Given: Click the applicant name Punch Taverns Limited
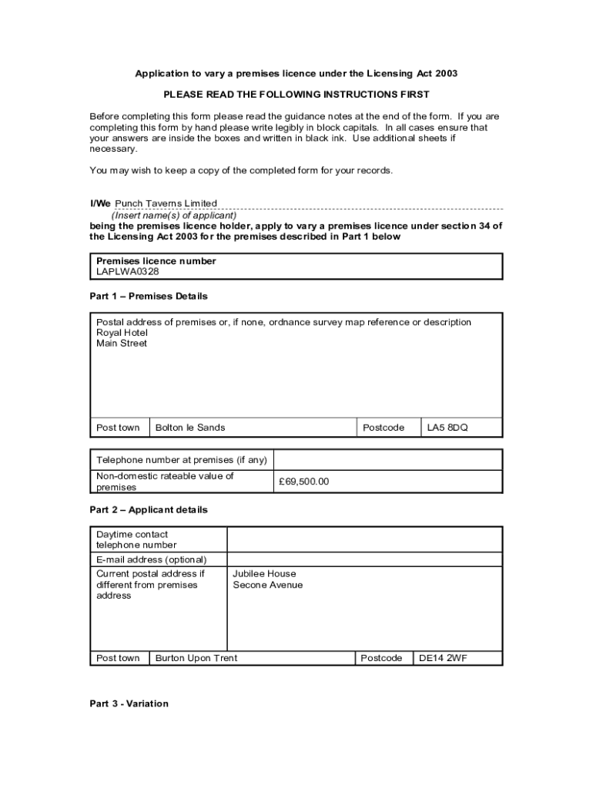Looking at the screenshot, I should pyautogui.click(x=166, y=203).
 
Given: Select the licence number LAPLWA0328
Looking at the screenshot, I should pyautogui.click(x=128, y=272).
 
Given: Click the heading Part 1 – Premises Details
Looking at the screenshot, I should pyautogui.click(x=149, y=297).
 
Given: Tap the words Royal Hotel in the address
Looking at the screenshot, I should pyautogui.click(x=122, y=333).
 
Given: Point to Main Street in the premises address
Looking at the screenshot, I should pyautogui.click(x=122, y=344).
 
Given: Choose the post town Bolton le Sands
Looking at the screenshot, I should pyautogui.click(x=190, y=428).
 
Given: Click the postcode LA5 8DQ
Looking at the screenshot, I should pyautogui.click(x=447, y=428).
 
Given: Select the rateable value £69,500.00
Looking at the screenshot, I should pyautogui.click(x=305, y=482).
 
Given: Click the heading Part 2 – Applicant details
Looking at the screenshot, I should pyautogui.click(x=149, y=510).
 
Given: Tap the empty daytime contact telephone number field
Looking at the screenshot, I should pyautogui.click(x=364, y=539).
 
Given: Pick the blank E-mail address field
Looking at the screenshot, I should pyautogui.click(x=364, y=559).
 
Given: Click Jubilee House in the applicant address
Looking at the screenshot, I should pyautogui.click(x=264, y=574).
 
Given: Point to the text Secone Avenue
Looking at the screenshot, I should pyautogui.click(x=268, y=585).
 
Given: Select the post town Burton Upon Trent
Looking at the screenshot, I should pyautogui.click(x=196, y=658).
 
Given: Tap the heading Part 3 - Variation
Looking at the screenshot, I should pyautogui.click(x=129, y=703).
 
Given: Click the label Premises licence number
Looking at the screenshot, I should pyautogui.click(x=156, y=261).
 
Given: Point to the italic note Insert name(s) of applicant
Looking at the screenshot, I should pyautogui.click(x=174, y=216).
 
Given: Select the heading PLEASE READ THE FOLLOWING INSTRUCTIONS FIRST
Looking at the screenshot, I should pyautogui.click(x=296, y=95).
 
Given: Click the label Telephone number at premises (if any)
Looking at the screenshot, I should pyautogui.click(x=182, y=460).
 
